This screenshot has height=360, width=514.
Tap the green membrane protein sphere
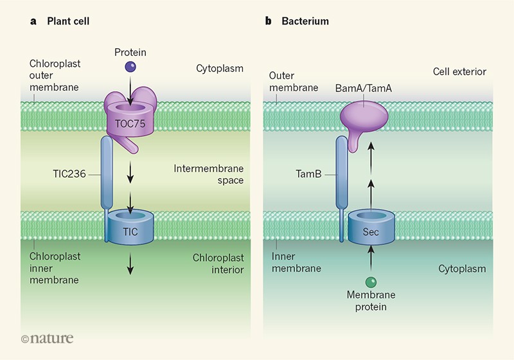point(371,282)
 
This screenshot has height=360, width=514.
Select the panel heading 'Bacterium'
point(305,21)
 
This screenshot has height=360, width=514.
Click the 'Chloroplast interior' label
point(218,264)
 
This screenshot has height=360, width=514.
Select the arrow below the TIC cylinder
point(130,264)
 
